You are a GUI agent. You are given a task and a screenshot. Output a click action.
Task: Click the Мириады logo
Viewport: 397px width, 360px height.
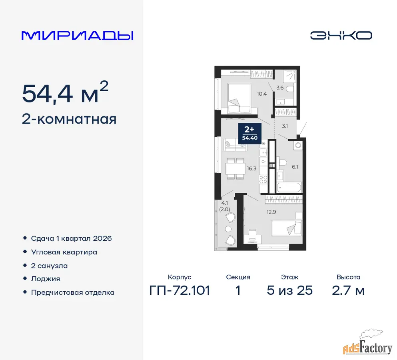78,36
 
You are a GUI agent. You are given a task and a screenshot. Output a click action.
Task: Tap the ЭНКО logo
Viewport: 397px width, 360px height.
341,36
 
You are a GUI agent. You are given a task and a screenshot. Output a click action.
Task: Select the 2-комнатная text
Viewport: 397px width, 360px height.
69,119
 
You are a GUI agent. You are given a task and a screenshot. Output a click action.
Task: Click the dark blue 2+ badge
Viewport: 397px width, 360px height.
249,133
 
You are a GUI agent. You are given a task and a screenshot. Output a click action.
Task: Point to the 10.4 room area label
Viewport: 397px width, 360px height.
262,94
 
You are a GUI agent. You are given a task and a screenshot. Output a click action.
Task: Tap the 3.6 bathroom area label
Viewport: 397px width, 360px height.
280,88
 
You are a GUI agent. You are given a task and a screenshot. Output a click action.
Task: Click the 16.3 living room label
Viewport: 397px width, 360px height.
251,168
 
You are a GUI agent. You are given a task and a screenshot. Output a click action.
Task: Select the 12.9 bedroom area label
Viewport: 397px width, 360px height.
271,212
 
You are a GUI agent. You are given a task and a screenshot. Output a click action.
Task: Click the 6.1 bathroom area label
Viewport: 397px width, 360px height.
295,167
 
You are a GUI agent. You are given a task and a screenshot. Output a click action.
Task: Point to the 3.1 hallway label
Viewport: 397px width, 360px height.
285,126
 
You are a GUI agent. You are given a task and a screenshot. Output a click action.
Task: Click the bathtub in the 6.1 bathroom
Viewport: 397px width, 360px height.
289,188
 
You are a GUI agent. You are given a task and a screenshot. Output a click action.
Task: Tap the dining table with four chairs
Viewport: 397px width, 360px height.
235,169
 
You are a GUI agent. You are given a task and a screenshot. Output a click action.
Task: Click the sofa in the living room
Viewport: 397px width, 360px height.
235,145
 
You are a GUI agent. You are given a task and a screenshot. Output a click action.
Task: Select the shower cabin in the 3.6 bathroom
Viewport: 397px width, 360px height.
289,76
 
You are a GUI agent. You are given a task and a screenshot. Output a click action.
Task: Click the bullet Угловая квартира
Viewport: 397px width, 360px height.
64,252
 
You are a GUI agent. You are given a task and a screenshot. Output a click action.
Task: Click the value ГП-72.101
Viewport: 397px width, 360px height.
180,290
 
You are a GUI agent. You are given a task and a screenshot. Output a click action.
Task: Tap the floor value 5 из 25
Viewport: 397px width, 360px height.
289,290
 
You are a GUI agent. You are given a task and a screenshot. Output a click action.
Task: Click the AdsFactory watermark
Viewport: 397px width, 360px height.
368,344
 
